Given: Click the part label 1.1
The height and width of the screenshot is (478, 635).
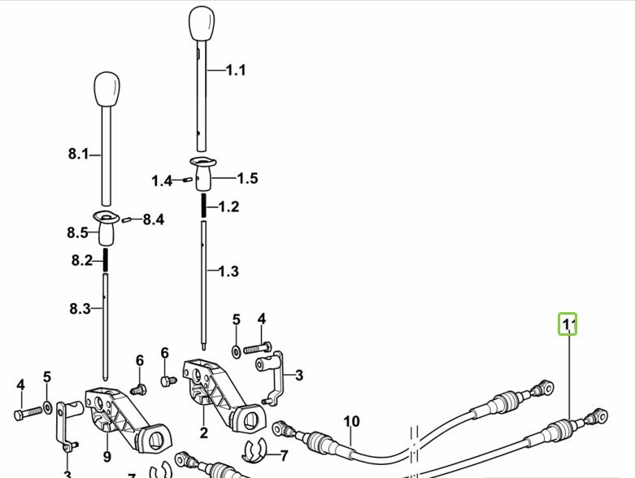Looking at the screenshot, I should coord(235,71).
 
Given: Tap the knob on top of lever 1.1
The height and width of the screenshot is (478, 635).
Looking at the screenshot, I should coord(201,25).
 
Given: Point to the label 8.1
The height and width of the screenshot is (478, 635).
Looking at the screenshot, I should coord(78,154).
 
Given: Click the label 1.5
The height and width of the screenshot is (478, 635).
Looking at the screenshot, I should coord(247,178).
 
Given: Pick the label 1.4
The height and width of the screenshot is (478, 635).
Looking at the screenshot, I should coord(162,180).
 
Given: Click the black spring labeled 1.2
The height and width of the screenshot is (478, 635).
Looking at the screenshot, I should coord(202,206).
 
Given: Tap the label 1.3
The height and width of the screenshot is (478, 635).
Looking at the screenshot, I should coord(228,271).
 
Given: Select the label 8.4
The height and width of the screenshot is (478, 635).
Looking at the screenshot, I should coord(153,219).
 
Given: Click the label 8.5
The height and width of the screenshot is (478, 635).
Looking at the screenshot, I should coord(77,233).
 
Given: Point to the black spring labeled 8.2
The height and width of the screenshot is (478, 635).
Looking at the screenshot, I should coord(106,261).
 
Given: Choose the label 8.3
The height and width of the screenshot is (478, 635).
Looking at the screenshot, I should coord(79,308).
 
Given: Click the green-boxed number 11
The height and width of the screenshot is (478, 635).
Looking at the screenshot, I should coord(568,325).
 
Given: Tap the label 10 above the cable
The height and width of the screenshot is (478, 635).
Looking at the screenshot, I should coord(351,421).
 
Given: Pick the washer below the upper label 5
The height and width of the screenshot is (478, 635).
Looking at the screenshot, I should coord(236,350).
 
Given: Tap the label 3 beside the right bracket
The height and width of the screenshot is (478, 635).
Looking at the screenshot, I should coord(298,375).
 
